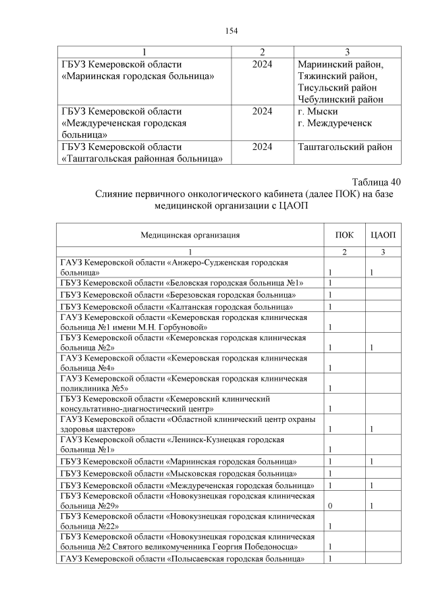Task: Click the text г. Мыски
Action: click(318, 111)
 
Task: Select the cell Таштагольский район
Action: click(345, 147)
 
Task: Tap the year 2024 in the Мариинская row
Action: click(263, 64)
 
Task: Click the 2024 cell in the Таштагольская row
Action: click(263, 147)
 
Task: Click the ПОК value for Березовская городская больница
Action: click(330, 295)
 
